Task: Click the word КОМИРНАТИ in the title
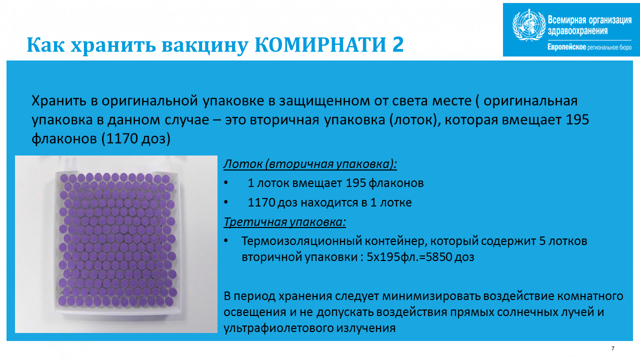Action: (x=320, y=44)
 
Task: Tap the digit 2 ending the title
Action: (x=397, y=44)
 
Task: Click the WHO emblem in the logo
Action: (x=529, y=25)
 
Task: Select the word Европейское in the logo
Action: (x=566, y=47)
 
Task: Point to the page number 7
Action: (x=612, y=348)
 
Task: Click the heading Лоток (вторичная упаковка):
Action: (x=310, y=164)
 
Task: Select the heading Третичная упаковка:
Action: (x=284, y=222)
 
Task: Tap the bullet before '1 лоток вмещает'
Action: (x=226, y=182)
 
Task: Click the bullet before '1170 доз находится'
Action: (x=226, y=202)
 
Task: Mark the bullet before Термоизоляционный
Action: (x=226, y=241)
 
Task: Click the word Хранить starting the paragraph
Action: (x=59, y=100)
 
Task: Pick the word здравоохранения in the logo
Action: (x=577, y=31)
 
